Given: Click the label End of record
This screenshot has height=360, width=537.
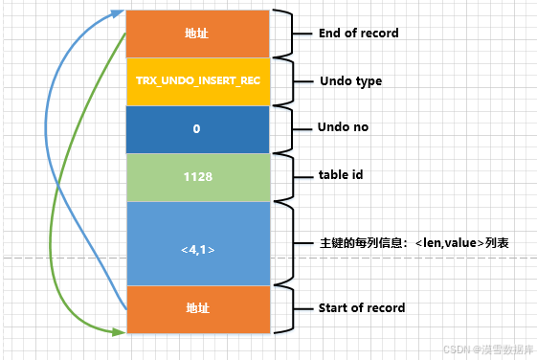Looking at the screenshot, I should pyautogui.click(x=358, y=34).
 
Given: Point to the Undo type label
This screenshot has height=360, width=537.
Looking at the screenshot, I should pyautogui.click(x=349, y=81).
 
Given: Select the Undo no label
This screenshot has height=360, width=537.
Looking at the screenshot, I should pyautogui.click(x=344, y=127).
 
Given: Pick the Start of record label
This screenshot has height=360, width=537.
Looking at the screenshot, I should pyautogui.click(x=361, y=308).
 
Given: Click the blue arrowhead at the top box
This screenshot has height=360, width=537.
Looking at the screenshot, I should pyautogui.click(x=121, y=12).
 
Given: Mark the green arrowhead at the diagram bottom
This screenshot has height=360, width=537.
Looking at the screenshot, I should pyautogui.click(x=120, y=332).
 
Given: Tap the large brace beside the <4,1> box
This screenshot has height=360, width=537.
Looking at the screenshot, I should pyautogui.click(x=286, y=243).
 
